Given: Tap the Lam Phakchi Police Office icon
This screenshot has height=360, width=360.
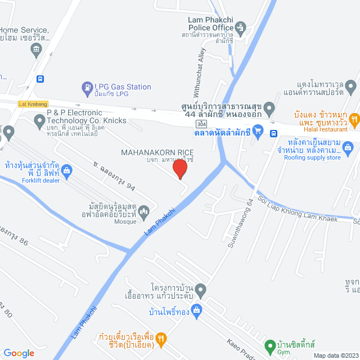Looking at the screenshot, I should (x=241, y=26).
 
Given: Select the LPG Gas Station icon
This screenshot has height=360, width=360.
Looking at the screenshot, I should (x=87, y=87).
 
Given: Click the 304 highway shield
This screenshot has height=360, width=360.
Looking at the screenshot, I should (x=201, y=123).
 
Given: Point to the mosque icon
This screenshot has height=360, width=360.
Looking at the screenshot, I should (x=144, y=211).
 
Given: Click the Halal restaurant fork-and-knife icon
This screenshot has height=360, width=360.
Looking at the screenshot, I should (x=354, y=119).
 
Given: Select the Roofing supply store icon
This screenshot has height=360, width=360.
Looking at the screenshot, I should (x=349, y=149).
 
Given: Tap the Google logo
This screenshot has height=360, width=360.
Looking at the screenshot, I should (x=19, y=353).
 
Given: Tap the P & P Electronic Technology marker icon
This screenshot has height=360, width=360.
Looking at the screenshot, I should (x=39, y=119).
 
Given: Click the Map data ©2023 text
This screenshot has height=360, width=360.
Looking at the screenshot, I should (x=336, y=355).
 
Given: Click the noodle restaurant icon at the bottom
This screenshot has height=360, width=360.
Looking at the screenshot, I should (x=160, y=338).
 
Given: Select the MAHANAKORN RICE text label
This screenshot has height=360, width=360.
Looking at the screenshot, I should (x=158, y=152).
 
